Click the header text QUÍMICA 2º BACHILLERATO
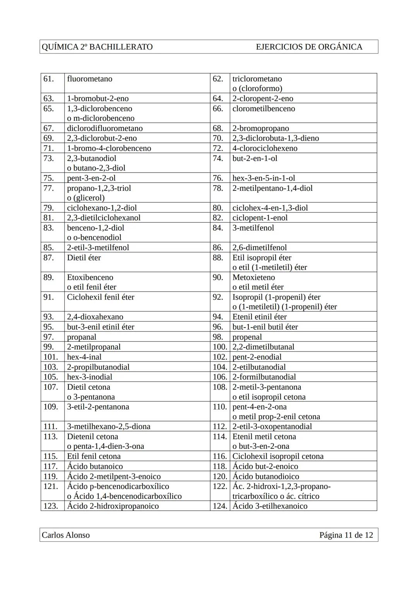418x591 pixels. tap(97, 47)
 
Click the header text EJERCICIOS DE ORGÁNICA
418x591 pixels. tap(309, 47)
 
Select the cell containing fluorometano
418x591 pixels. tap(90, 79)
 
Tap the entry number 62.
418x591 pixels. tap(218, 79)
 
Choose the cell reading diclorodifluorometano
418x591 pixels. tap(105, 128)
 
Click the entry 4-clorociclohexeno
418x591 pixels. tap(265, 148)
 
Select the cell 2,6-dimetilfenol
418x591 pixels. tap(259, 247)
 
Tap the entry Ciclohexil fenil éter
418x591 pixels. tap(101, 297)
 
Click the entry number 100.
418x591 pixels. tap(219, 347)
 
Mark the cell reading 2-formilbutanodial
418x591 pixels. tap(264, 377)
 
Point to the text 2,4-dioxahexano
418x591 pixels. tap(95, 317)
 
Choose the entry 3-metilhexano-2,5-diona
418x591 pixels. tap(109, 426)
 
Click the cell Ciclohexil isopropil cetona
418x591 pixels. tap(278, 456)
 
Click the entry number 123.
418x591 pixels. tap(50, 506)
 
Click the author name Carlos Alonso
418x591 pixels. tap(66, 535)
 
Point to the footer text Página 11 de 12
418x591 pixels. tap(346, 535)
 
